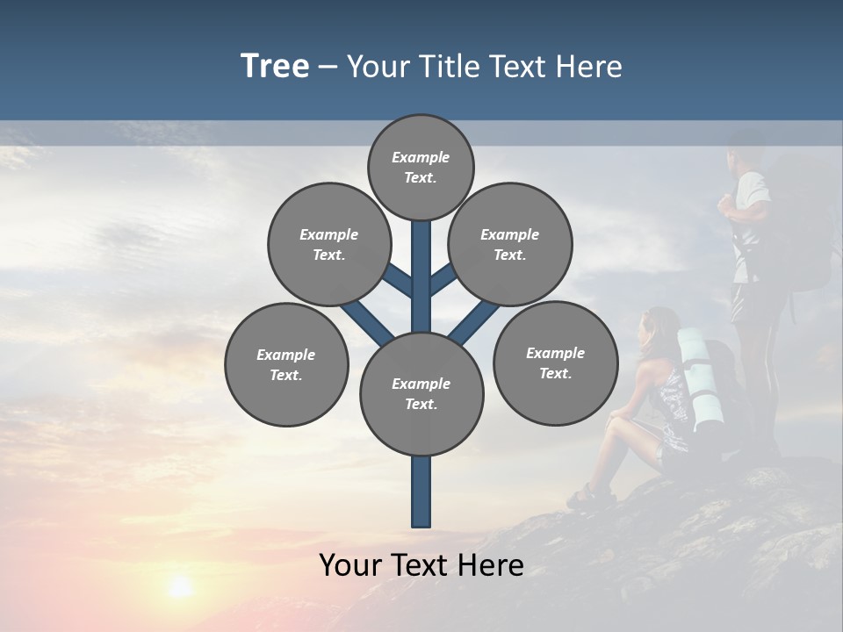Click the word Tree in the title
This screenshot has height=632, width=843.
click(275, 66)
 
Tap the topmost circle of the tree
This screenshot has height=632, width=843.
click(421, 167)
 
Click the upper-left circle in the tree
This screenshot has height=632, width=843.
click(328, 244)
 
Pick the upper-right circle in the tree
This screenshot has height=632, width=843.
click(509, 244)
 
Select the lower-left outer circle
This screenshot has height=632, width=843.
click(285, 364)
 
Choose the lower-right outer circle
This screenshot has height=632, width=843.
click(555, 363)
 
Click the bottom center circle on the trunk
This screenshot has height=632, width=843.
click(421, 393)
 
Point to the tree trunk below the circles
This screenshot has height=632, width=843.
click(421, 492)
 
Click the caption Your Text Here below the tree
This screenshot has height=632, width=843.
click(421, 564)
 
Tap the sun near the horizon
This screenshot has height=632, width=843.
click(180, 586)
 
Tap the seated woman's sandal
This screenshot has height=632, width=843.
click(581, 498)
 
